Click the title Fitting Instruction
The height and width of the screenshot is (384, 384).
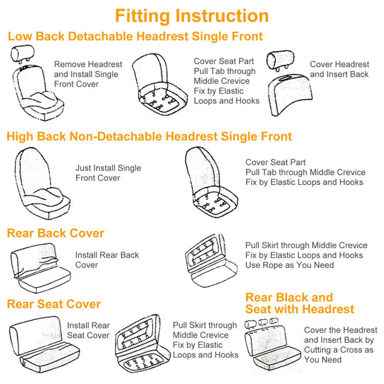point(192,16)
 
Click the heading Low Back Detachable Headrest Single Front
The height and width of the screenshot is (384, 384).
point(135,36)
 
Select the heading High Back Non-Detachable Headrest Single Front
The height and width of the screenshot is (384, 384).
point(149,137)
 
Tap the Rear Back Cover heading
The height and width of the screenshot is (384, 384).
point(55,233)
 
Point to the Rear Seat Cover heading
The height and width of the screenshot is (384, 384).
point(54,304)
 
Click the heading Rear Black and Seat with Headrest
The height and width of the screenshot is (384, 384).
point(299,303)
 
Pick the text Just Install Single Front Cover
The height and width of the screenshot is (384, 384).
point(108,173)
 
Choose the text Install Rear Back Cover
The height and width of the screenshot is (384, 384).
point(107,260)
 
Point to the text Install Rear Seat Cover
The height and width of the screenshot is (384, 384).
point(88,330)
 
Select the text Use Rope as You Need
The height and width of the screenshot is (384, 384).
point(290,265)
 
